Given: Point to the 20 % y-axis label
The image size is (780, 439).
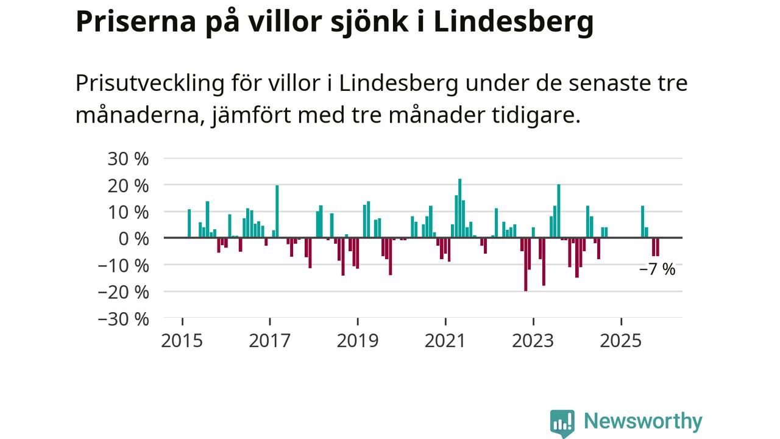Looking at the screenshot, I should [128, 185].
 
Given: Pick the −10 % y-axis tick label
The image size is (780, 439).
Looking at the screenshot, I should [123, 265].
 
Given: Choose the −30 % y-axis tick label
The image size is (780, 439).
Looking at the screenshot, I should [123, 319].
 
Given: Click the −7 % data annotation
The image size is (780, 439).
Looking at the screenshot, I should [657, 269].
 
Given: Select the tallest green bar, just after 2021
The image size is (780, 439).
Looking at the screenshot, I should [459, 207].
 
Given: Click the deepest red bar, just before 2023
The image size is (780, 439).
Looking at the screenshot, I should [525, 264].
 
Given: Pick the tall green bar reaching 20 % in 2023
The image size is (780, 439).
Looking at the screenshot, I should [558, 210].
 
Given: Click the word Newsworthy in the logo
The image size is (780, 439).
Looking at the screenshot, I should [643, 421].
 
